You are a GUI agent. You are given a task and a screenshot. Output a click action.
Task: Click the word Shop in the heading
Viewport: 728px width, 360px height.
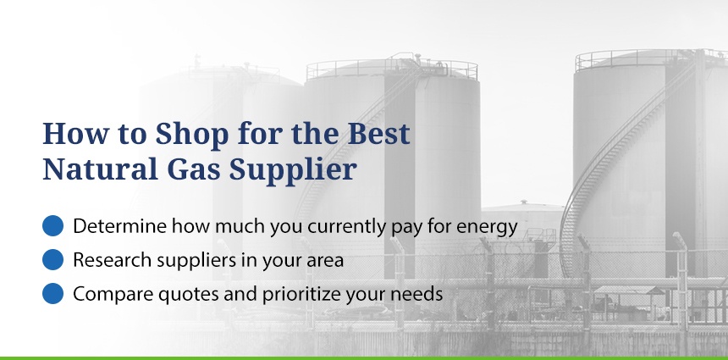coord(192,135)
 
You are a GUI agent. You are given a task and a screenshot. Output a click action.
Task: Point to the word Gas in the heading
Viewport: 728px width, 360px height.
coord(193,169)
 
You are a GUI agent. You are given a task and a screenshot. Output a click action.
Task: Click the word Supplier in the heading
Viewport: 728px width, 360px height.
coord(293,171)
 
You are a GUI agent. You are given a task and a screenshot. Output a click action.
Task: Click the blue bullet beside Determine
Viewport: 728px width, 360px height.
coord(53,226)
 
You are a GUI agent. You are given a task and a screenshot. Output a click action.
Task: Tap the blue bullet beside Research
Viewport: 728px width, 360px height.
coord(53,260)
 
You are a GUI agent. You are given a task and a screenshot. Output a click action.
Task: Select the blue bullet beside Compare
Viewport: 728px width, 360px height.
coord(53,294)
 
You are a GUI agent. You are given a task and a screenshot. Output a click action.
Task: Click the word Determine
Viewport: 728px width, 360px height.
coord(120,226)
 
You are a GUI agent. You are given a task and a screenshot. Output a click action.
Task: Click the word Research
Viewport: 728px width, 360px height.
coord(113,260)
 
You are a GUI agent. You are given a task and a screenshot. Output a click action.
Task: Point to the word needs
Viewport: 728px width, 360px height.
coord(419,295)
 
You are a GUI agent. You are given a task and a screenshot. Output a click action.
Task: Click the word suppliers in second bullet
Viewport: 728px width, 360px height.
coord(196,261)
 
